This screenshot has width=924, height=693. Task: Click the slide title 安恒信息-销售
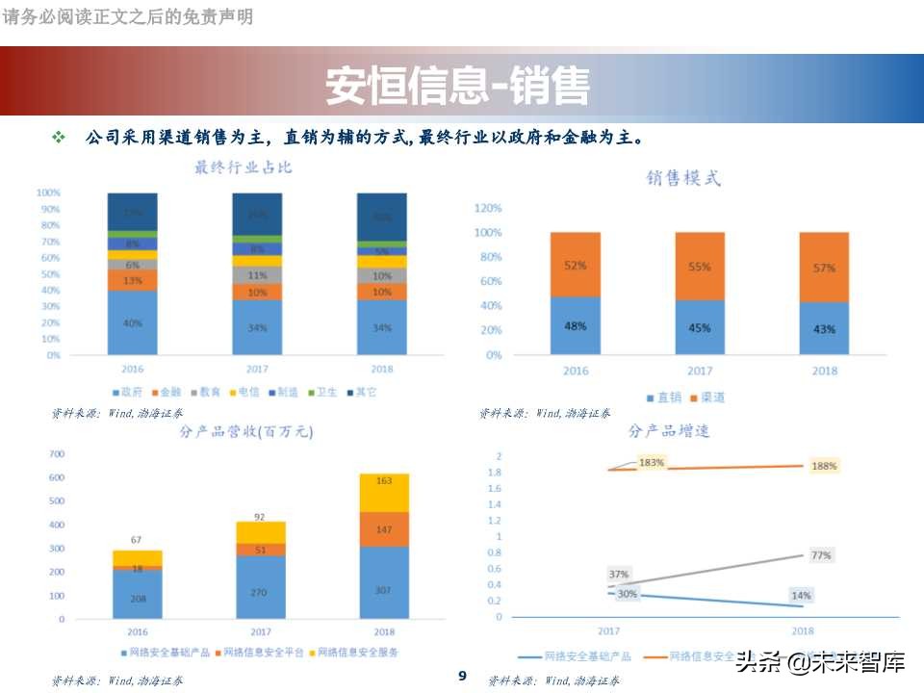(457, 86)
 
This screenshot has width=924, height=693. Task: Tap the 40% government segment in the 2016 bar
(133, 323)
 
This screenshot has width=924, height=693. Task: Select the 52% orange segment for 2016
(576, 265)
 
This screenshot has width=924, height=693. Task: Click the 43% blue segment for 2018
(824, 329)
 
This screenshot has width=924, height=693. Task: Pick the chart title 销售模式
(683, 178)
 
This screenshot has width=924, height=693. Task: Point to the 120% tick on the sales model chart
(489, 208)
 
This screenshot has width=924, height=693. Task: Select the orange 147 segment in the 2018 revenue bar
(383, 529)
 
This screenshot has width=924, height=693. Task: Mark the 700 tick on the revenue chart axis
(56, 453)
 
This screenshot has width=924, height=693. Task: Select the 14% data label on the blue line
(801, 596)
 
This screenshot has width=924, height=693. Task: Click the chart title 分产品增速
(669, 431)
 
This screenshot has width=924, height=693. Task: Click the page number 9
(462, 676)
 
